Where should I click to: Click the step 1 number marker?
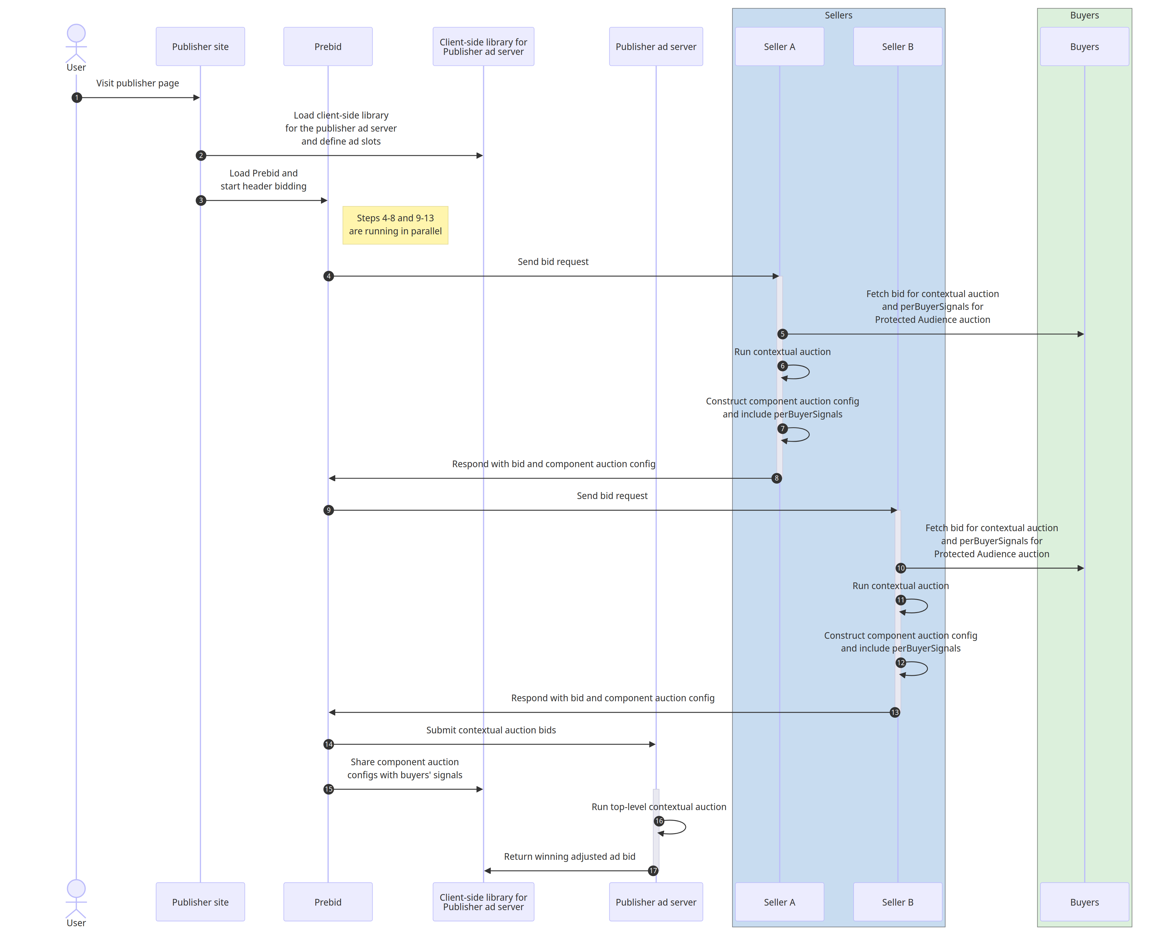click(x=77, y=98)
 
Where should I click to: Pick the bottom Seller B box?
click(x=897, y=902)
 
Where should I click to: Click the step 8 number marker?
click(x=776, y=478)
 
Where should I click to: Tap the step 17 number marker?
click(x=653, y=871)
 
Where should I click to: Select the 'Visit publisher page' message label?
click(x=138, y=83)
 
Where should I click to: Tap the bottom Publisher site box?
click(x=200, y=902)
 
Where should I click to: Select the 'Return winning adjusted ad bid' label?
click(x=570, y=857)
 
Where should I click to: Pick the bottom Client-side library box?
click(x=483, y=902)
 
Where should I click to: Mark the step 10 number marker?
click(x=901, y=568)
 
